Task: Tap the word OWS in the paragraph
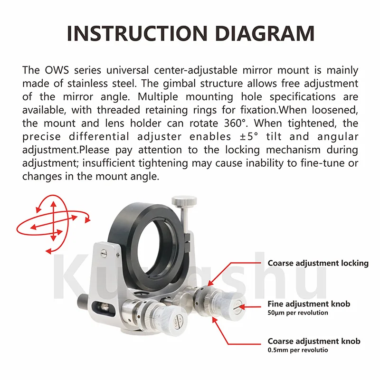pos(57,70)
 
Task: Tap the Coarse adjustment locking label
pos(318,264)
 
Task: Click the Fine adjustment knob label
pos(309,304)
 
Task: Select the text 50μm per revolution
pos(298,313)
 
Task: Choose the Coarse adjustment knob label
pos(314,341)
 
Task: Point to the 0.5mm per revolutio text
pos(298,350)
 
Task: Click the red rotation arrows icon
pos(53,224)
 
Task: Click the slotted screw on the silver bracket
pos(104,253)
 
